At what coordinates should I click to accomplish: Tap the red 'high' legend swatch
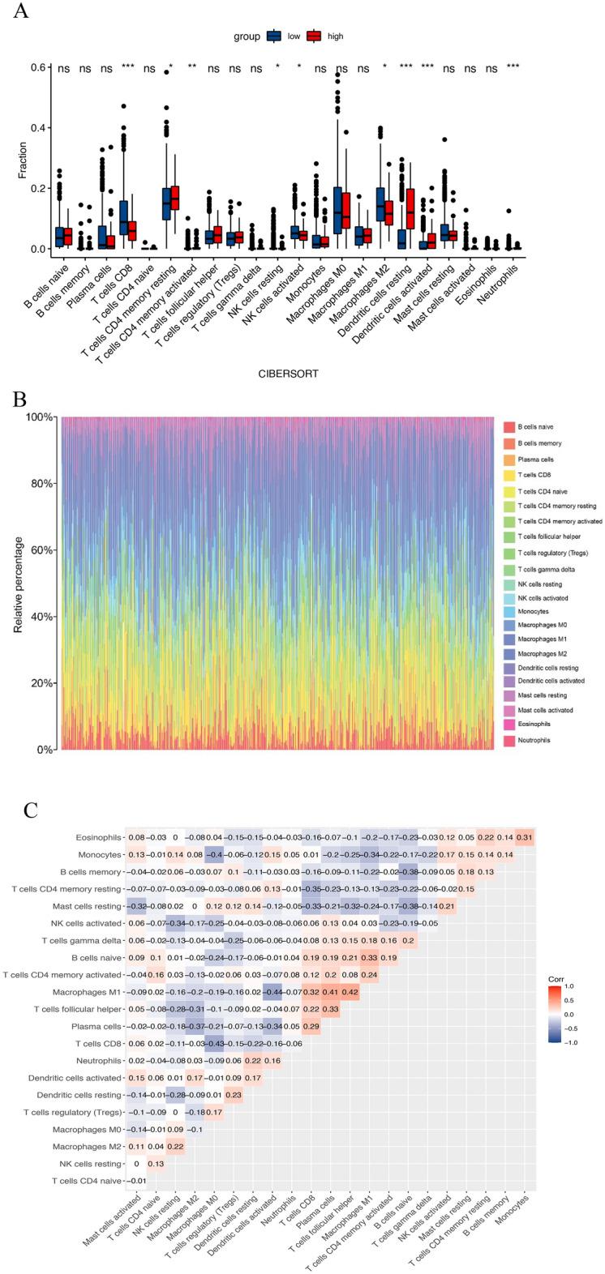click(314, 36)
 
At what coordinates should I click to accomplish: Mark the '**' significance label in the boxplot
click(191, 69)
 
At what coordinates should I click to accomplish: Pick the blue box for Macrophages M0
click(320, 210)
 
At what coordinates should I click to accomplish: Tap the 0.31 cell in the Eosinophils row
click(521, 836)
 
